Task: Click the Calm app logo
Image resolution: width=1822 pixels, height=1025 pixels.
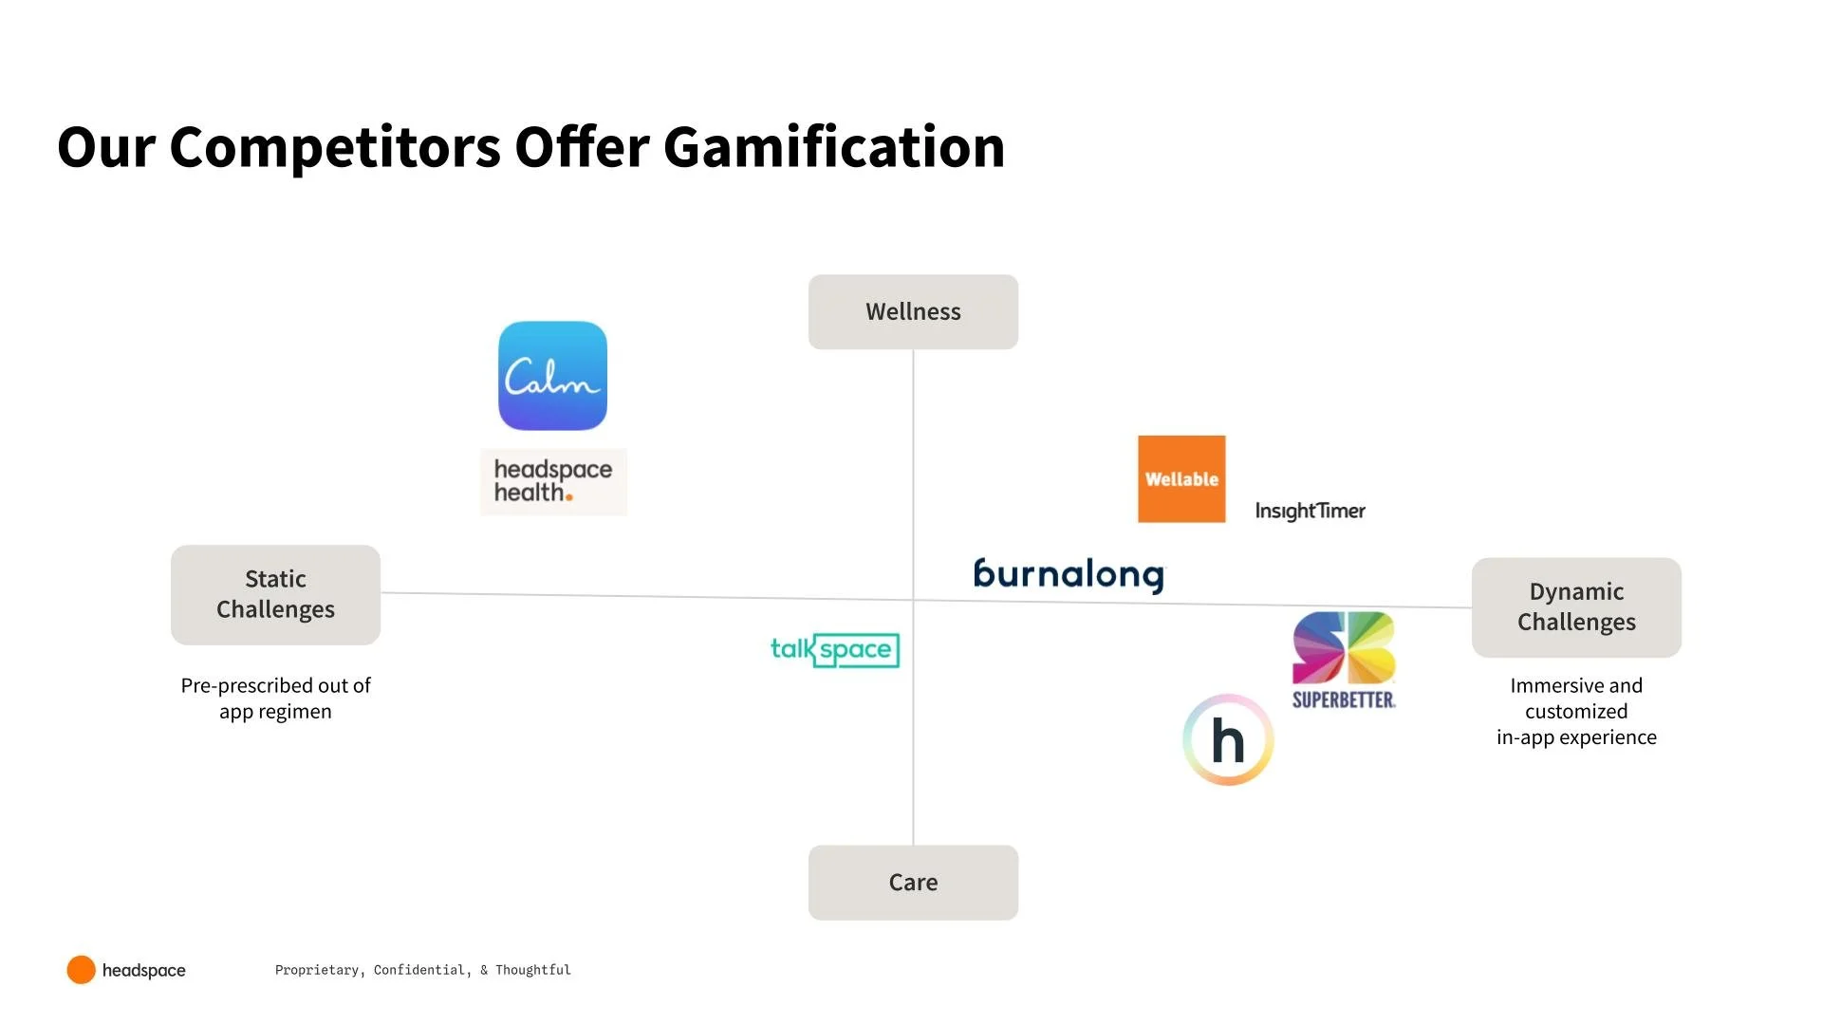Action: pos(552,376)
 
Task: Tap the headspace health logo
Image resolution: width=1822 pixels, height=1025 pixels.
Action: pos(553,481)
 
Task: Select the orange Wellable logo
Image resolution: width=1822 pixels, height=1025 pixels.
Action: pos(1181,479)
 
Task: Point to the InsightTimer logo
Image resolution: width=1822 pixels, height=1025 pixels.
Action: pos(1310,511)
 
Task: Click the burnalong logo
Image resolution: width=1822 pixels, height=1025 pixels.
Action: pos(1069,574)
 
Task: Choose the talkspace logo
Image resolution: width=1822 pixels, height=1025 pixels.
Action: pos(834,650)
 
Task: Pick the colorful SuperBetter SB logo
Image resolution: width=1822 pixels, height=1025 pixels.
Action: pos(1344,660)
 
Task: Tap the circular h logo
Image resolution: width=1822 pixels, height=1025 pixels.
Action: pos(1228,740)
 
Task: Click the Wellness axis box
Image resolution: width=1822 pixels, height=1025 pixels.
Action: pos(913,312)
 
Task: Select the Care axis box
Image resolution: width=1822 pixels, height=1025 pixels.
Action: pos(913,883)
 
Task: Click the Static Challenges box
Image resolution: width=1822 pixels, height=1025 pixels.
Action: pos(275,594)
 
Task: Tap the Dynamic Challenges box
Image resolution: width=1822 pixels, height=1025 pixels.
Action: pos(1576,607)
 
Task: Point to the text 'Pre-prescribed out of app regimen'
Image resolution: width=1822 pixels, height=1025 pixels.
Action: pos(275,699)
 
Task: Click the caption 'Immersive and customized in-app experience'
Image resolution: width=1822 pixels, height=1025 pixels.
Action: pos(1576,711)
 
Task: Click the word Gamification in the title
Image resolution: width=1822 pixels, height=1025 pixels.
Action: pos(833,148)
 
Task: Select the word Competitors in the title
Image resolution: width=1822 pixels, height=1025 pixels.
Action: pos(335,148)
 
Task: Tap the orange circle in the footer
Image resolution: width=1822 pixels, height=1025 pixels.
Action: pos(81,970)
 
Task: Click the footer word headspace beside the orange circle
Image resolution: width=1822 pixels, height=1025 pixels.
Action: pos(144,970)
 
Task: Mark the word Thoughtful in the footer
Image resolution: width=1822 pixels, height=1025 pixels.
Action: pos(532,970)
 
